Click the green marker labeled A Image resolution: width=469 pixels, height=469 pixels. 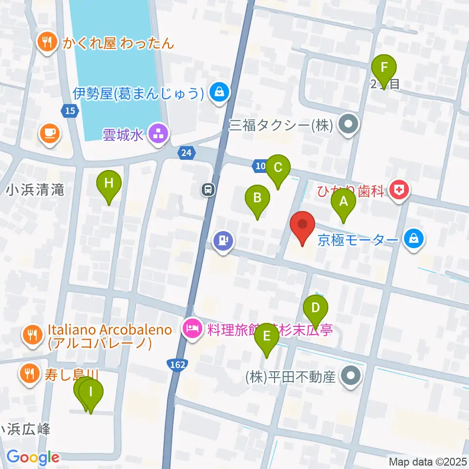point(343,201)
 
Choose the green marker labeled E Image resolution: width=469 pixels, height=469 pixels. point(266,337)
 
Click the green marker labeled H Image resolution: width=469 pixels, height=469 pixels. point(109,184)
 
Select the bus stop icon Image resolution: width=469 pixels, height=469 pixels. point(209,189)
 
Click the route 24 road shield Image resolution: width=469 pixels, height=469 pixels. point(186,153)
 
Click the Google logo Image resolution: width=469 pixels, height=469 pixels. point(32,458)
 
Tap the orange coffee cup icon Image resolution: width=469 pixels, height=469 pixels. point(49,132)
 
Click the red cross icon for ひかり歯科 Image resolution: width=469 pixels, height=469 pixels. point(401,190)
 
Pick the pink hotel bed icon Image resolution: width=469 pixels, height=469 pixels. point(191,328)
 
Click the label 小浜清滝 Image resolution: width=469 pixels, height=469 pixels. point(35,190)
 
